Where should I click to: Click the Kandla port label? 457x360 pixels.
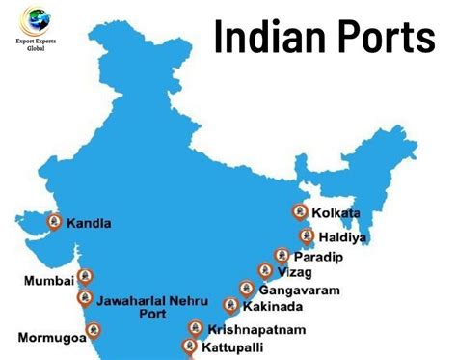89,223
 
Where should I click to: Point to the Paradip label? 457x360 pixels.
319,257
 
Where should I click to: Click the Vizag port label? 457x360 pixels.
295,273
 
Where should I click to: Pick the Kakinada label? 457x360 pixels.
273,307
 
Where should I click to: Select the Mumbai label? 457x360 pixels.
48,281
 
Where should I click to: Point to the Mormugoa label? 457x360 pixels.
52,338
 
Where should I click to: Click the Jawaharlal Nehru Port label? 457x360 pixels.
151,306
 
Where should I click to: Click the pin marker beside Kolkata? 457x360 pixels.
300,211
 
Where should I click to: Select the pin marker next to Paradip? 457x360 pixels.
282,255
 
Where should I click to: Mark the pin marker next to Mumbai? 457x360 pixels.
85,277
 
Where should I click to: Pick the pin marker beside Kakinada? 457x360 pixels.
230,305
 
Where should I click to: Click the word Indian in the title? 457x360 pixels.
273,38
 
